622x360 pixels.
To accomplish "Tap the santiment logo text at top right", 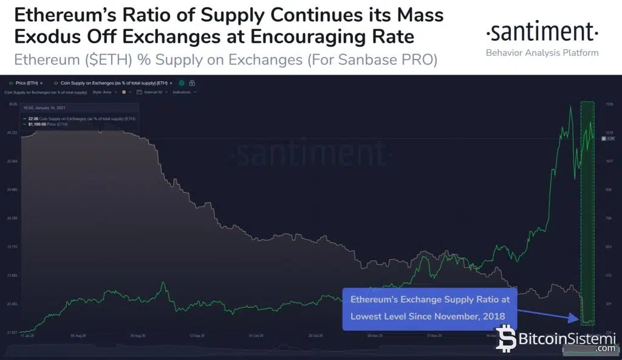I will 542,31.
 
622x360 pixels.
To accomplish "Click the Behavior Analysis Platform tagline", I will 542,52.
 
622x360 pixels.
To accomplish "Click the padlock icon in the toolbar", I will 192,83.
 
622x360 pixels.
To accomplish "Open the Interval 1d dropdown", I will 152,92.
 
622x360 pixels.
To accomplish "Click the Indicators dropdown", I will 185,92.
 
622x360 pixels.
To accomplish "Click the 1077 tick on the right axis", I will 609,161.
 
